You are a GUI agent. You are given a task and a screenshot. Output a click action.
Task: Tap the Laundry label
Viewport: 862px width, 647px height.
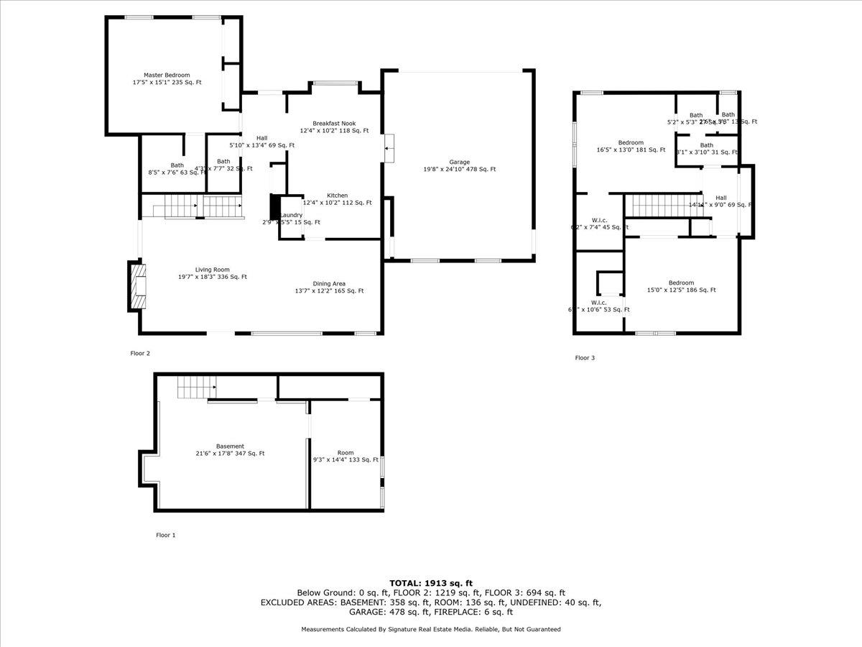291,215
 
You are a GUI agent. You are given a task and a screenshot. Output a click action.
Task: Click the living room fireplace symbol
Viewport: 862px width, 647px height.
136,287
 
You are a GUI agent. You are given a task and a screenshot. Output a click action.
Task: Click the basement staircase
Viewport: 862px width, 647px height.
196,388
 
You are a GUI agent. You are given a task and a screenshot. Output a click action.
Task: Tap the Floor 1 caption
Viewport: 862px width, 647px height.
165,535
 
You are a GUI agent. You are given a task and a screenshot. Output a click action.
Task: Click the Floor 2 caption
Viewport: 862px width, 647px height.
140,353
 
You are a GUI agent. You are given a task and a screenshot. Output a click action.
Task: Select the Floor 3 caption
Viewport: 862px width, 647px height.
585,357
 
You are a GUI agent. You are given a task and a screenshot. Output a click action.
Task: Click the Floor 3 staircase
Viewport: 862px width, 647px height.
662,204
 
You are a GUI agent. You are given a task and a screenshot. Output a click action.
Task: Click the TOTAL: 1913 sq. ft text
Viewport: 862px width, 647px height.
431,583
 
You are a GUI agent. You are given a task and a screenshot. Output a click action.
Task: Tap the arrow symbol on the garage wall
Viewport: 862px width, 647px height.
389,149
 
